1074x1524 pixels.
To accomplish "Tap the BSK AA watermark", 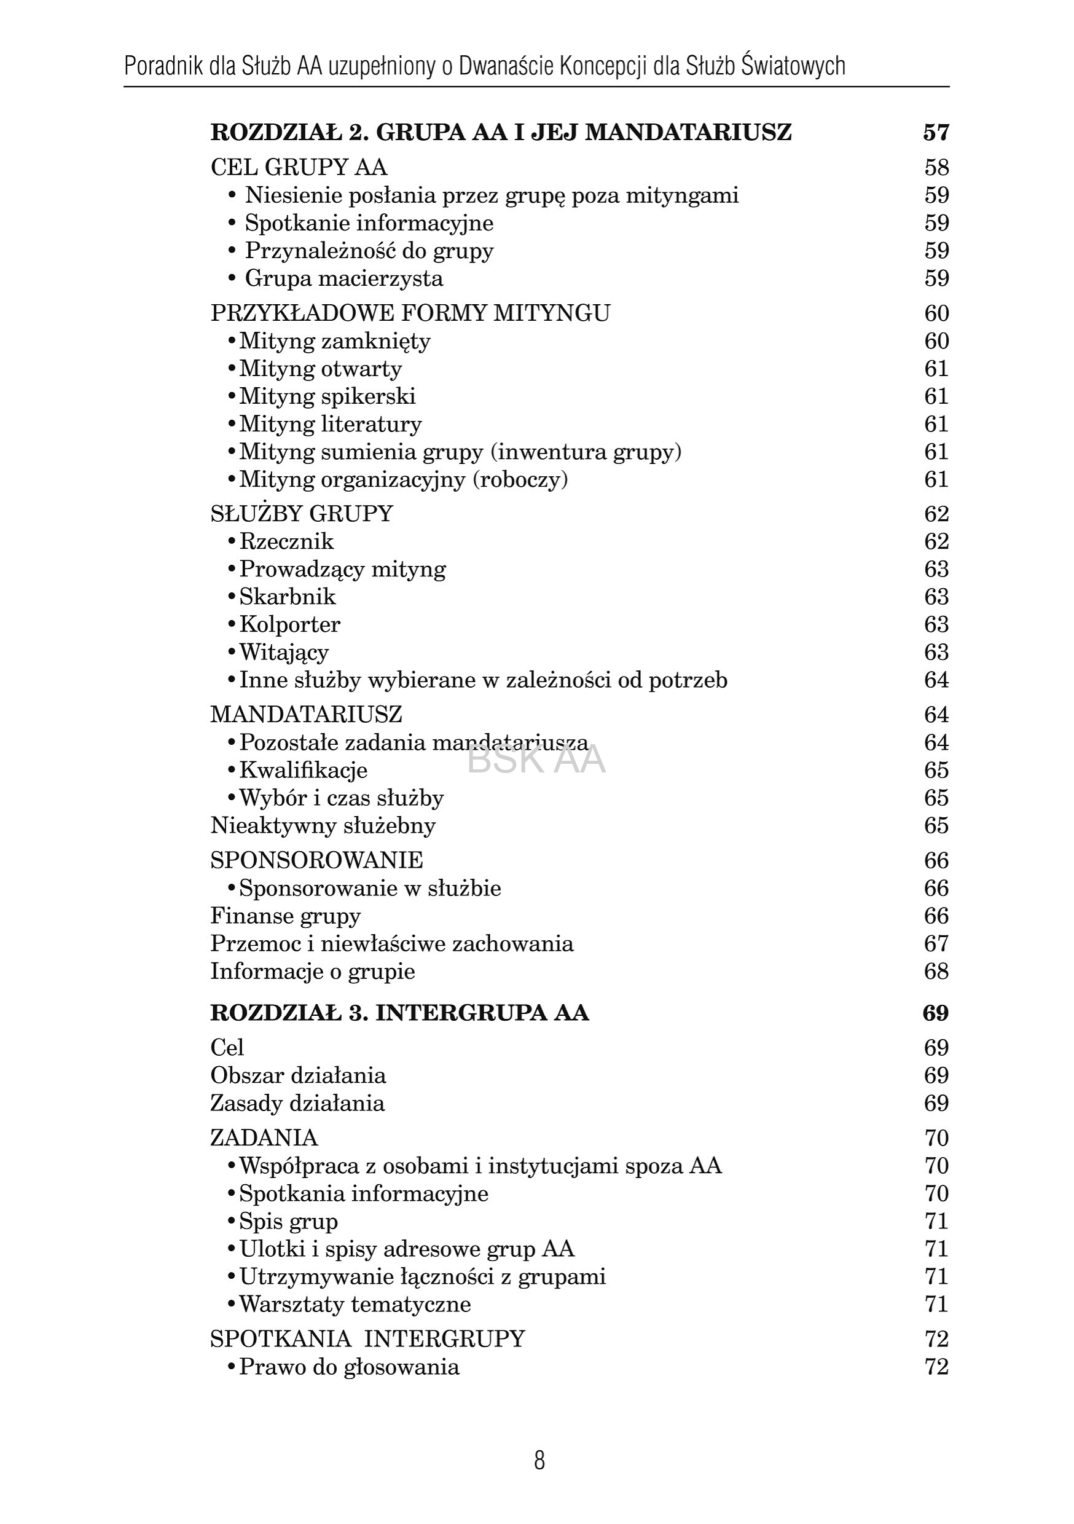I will tap(536, 761).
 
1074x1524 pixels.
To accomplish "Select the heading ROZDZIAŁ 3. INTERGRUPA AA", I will tap(399, 1013).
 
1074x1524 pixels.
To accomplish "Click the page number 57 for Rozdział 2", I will tap(936, 133).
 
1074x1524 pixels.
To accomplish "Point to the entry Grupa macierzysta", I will tap(344, 278).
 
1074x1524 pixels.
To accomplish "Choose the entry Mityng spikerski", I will tap(327, 396).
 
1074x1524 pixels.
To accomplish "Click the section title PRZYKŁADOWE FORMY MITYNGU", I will tap(410, 313).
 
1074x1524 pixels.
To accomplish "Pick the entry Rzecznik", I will tap(286, 541).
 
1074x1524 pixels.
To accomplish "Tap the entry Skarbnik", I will tap(288, 597).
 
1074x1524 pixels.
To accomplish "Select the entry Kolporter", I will tap(289, 624).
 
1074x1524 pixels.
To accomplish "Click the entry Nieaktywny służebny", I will tap(323, 826).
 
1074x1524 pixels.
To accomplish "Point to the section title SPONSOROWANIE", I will tap(316, 860).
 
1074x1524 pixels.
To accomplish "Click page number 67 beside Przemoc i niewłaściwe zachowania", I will tap(936, 944).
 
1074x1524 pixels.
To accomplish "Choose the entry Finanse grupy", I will tap(286, 916).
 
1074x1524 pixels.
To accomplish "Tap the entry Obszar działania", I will tap(298, 1075).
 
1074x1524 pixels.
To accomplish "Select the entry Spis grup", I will tap(288, 1221).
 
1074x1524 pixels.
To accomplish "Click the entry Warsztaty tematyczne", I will tap(355, 1304).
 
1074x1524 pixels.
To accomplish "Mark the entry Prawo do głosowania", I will tap(349, 1367).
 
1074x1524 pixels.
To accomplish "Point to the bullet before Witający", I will tap(232, 653).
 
